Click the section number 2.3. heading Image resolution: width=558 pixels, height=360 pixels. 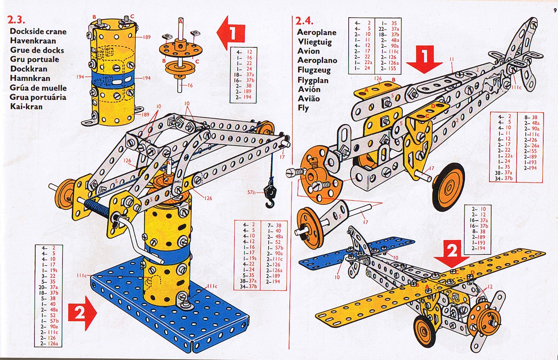tap(16, 20)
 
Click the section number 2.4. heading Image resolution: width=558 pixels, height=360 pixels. tap(304, 21)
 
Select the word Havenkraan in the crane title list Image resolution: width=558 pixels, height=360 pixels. tap(33, 41)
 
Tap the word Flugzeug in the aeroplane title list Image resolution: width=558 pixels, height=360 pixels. tap(314, 70)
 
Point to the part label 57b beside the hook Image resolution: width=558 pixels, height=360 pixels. tap(251, 192)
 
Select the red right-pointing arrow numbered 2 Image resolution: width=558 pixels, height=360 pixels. tap(83, 313)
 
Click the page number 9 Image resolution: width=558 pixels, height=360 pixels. tap(555, 10)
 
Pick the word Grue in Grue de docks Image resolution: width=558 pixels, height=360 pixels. tap(19, 50)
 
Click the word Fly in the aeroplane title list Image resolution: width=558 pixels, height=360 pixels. tap(303, 108)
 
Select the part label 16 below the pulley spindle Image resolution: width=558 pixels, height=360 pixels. tap(190, 86)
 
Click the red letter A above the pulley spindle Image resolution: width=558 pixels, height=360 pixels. tap(181, 22)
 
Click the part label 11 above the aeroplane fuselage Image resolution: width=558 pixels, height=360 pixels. tap(452, 59)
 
